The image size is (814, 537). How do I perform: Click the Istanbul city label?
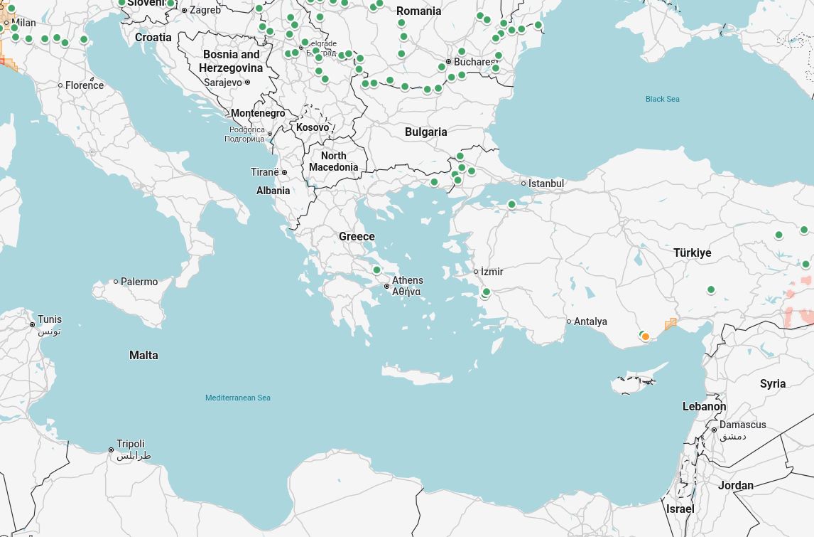point(546,184)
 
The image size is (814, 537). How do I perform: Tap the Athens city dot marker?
point(387,287)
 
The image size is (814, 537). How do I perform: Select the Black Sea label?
point(662,99)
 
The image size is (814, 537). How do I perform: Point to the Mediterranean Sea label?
point(237,398)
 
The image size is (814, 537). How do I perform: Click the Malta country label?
point(143,355)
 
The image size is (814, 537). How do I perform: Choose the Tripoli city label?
point(131,444)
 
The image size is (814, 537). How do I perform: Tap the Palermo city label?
point(139,282)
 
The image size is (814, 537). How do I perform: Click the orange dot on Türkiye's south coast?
point(646,337)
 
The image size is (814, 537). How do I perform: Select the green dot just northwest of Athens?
point(376,270)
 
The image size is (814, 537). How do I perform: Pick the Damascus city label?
point(742,425)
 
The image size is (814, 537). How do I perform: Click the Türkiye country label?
point(692,252)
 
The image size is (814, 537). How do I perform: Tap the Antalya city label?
point(590,321)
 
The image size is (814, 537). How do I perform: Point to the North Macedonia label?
point(333,161)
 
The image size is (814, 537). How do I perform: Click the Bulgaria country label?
point(425,132)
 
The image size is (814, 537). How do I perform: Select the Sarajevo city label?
point(222,83)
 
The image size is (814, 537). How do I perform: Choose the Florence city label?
point(84,85)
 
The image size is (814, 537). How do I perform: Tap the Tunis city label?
point(50,319)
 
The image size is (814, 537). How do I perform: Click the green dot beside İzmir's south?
point(486,292)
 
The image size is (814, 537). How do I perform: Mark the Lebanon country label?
point(704,406)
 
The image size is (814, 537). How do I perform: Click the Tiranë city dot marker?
point(284,173)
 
